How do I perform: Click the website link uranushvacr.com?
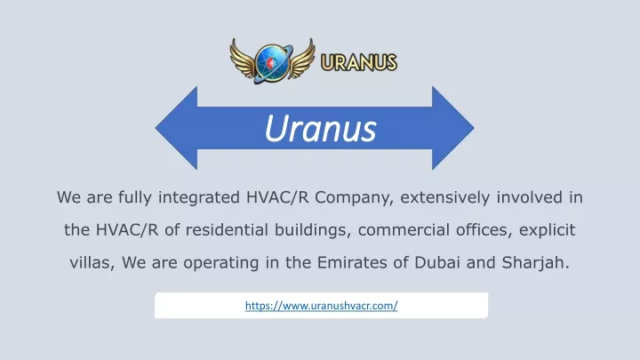pyautogui.click(x=321, y=305)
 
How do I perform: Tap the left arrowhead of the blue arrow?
pyautogui.click(x=176, y=128)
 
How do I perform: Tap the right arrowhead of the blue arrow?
pyautogui.click(x=453, y=128)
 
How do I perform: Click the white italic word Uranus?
pyautogui.click(x=320, y=129)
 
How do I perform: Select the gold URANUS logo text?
pyautogui.click(x=359, y=62)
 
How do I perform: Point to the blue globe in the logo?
pyautogui.click(x=271, y=62)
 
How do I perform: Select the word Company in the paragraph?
pyautogui.click(x=354, y=198)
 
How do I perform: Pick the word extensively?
pyautogui.click(x=444, y=197)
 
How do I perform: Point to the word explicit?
pyautogui.click(x=547, y=230)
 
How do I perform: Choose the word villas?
pyautogui.click(x=92, y=263)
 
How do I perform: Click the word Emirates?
pyautogui.click(x=352, y=262)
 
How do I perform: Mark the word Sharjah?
pyautogui.click(x=535, y=263)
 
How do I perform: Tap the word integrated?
pyautogui.click(x=199, y=198)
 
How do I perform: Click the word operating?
pyautogui.click(x=220, y=263)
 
